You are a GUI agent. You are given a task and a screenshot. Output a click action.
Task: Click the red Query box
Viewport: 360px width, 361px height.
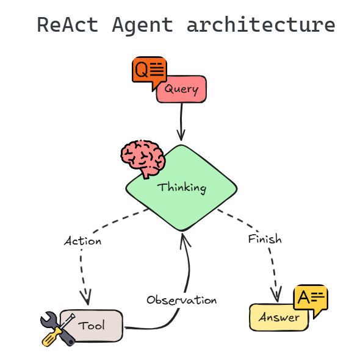coord(182,90)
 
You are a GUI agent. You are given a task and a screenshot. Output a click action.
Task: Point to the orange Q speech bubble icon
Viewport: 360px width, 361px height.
coord(149,71)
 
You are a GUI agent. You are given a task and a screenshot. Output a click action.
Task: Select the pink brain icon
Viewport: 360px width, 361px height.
coord(142,157)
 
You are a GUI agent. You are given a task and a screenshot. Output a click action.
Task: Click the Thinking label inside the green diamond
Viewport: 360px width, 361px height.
coord(182,187)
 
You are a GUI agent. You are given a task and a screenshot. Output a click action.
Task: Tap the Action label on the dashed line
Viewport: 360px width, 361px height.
coord(82,241)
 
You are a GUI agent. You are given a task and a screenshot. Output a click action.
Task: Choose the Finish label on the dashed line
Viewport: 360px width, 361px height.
coord(265,239)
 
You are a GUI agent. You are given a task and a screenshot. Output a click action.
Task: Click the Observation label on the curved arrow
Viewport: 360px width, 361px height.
coord(181,300)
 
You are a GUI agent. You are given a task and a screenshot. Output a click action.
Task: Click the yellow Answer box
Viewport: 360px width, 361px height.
coord(279,317)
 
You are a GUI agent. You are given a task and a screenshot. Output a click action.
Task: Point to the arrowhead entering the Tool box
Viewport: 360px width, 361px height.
coord(86,299)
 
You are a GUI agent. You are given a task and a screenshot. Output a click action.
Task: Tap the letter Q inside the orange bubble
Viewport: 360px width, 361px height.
coord(141,68)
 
